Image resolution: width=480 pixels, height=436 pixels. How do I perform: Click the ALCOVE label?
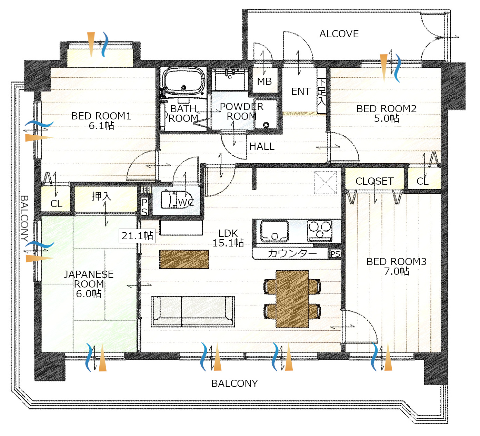coord(339,34)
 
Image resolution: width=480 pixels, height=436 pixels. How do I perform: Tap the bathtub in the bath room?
coord(183,82)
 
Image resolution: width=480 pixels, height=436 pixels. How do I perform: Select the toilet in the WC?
coord(176,199)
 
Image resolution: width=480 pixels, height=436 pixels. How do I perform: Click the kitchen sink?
coord(274,231)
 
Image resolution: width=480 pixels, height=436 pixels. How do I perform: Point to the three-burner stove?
coord(320,231)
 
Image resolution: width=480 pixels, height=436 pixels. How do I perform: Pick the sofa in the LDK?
coord(193,311)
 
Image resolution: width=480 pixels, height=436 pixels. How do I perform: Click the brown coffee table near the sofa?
coord(184,259)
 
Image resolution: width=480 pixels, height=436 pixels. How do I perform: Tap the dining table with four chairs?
coord(292,299)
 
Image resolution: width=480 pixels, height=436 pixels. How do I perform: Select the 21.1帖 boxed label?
coord(137,236)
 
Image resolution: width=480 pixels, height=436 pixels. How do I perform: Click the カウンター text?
coord(292,253)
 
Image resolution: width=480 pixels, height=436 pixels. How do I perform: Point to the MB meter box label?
coord(264,81)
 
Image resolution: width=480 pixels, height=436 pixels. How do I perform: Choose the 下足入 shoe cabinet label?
coord(322,92)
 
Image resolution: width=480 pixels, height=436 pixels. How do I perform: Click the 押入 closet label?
coord(101,196)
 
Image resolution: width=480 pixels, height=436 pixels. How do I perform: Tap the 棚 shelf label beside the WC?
coord(146,190)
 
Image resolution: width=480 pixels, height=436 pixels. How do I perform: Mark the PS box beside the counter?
coord(335,254)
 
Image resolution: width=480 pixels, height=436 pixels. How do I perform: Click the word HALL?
coord(262,146)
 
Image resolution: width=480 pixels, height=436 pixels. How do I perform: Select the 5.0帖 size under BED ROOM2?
coord(387,118)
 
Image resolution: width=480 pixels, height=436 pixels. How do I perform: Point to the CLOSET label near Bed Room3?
coord(374,181)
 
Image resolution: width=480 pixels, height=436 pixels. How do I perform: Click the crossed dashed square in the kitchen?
coord(326,183)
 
